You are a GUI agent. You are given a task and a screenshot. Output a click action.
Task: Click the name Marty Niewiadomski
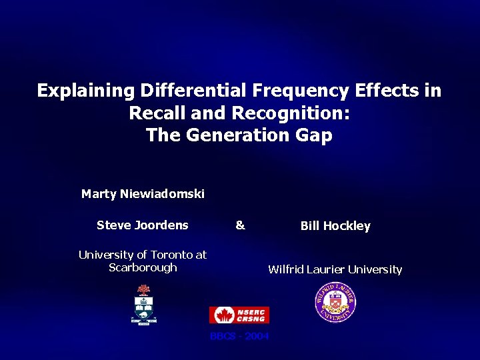pos(143,194)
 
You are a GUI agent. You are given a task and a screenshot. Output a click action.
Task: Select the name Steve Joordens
pos(143,225)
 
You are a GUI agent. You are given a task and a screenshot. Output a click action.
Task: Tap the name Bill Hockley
pos(335,226)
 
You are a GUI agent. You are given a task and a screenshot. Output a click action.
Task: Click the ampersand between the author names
pos(240,225)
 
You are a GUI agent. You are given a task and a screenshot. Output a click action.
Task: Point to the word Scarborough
pos(143,267)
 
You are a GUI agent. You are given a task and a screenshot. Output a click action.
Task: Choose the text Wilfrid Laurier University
pos(335,269)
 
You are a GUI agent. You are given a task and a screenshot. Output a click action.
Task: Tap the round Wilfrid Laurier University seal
pos(335,303)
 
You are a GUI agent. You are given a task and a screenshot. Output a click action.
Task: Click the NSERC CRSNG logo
pos(239,315)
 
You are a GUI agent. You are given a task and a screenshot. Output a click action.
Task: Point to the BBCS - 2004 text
pos(239,336)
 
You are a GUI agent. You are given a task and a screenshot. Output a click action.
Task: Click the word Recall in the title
pos(159,113)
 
